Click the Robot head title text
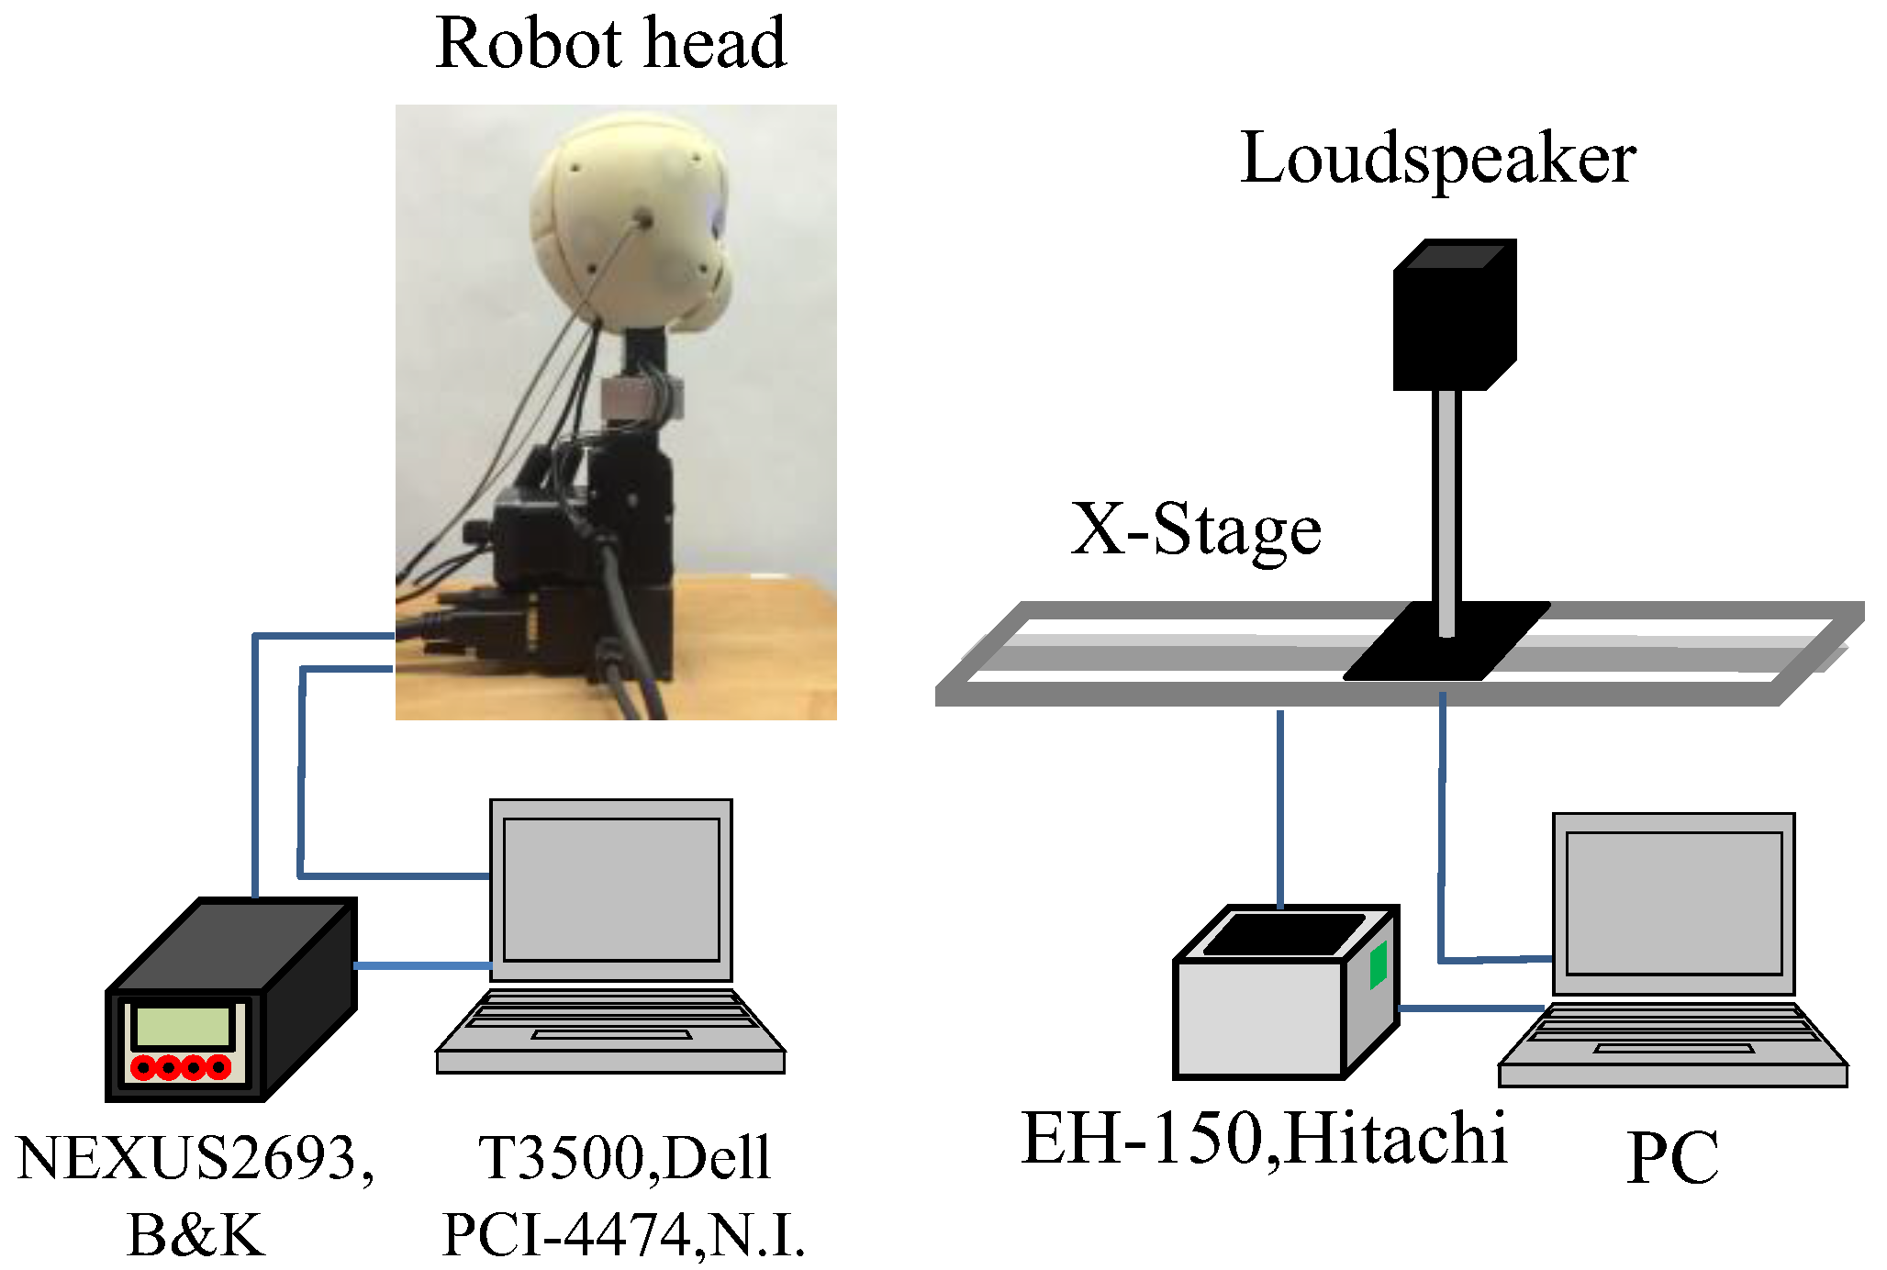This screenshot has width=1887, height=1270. pyautogui.click(x=610, y=44)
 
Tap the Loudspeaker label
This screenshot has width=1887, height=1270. pyautogui.click(x=1437, y=159)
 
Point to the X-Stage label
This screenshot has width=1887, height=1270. pyautogui.click(x=1195, y=530)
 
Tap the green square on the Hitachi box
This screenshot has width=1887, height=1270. pyautogui.click(x=1378, y=965)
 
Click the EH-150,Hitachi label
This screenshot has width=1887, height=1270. pyautogui.click(x=1264, y=1139)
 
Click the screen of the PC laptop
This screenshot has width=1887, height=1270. pyautogui.click(x=1673, y=902)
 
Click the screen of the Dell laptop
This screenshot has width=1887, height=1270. pyautogui.click(x=610, y=888)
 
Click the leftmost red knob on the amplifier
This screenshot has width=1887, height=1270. pyautogui.click(x=144, y=1067)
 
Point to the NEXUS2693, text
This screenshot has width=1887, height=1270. pyautogui.click(x=195, y=1158)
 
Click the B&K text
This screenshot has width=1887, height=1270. pyautogui.click(x=195, y=1235)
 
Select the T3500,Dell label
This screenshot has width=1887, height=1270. pyautogui.click(x=624, y=1158)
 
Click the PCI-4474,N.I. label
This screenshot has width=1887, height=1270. pyautogui.click(x=624, y=1235)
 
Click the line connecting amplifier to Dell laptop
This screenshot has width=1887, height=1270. pyautogui.click(x=422, y=965)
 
